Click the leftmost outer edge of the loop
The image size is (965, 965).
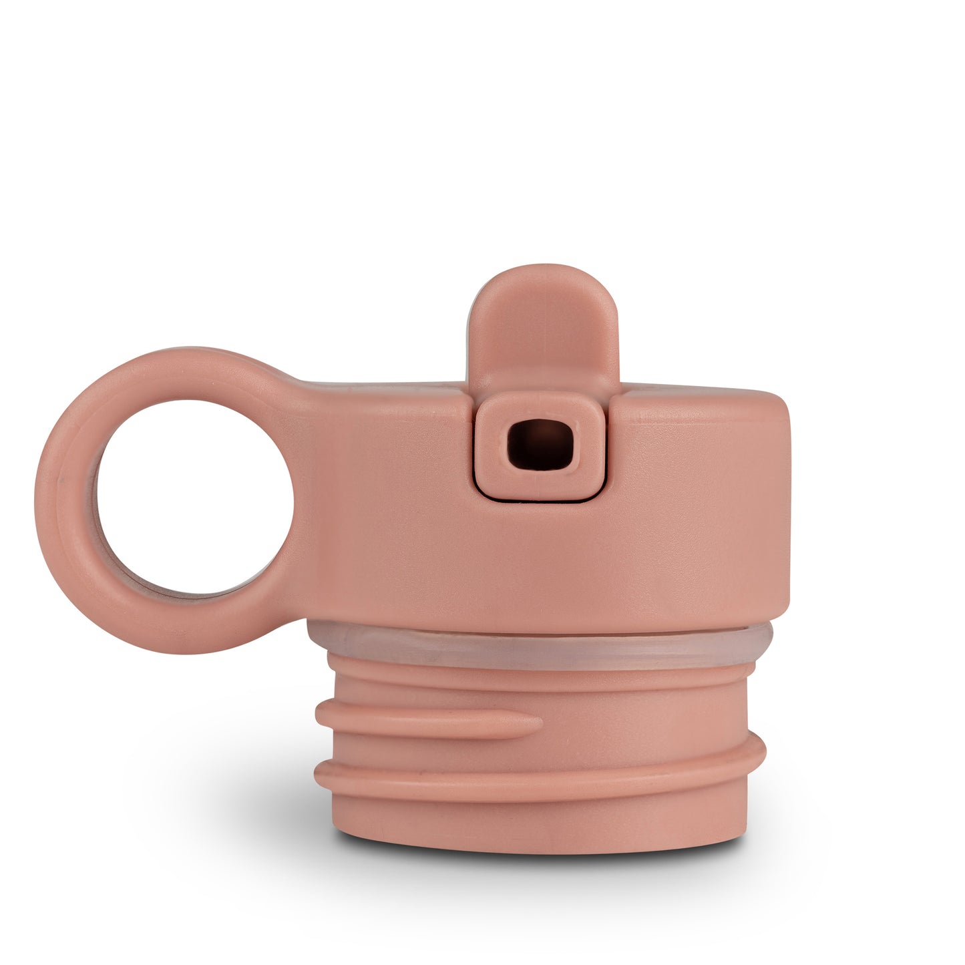tap(39, 498)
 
